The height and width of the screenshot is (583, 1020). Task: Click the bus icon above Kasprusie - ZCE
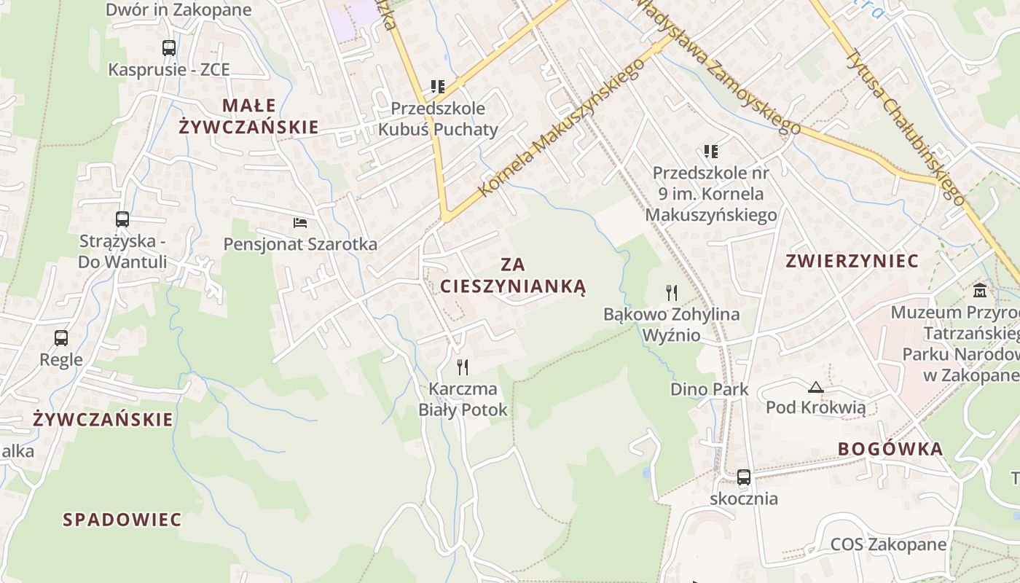pyautogui.click(x=169, y=48)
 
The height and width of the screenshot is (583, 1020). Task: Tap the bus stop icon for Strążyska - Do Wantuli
pyautogui.click(x=122, y=219)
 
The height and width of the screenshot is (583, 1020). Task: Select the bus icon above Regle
pyautogui.click(x=61, y=338)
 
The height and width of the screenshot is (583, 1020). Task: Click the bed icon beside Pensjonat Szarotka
pyautogui.click(x=300, y=222)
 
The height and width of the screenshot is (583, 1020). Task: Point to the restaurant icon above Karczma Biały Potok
pyautogui.click(x=462, y=367)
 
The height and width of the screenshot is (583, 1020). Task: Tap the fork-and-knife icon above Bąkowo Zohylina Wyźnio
pyautogui.click(x=672, y=293)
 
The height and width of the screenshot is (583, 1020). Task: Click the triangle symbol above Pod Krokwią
pyautogui.click(x=816, y=387)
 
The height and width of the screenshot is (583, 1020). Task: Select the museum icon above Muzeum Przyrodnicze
pyautogui.click(x=980, y=291)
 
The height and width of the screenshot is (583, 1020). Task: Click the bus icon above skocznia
pyautogui.click(x=743, y=477)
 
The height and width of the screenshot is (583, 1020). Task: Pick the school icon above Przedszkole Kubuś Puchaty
pyautogui.click(x=437, y=87)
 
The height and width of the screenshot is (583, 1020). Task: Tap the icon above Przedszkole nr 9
pyautogui.click(x=711, y=152)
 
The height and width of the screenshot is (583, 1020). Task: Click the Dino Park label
pyautogui.click(x=709, y=389)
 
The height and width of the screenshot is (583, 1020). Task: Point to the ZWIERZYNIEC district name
pyautogui.click(x=852, y=261)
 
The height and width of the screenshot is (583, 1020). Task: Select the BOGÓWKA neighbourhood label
pyautogui.click(x=890, y=449)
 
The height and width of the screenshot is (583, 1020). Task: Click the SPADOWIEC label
pyautogui.click(x=122, y=520)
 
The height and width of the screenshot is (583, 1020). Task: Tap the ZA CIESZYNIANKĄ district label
pyautogui.click(x=513, y=275)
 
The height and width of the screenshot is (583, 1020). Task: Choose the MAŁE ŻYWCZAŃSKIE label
pyautogui.click(x=248, y=116)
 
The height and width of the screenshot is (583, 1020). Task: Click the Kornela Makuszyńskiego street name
pyautogui.click(x=562, y=128)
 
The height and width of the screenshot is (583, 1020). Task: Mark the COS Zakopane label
pyautogui.click(x=888, y=544)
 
